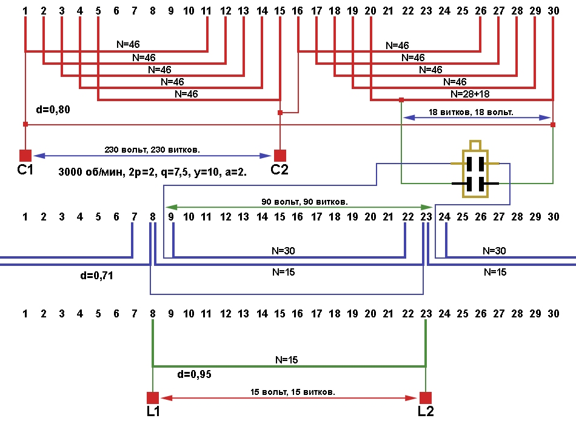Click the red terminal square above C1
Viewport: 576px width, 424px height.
pyautogui.click(x=25, y=155)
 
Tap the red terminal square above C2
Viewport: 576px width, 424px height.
pyautogui.click(x=280, y=155)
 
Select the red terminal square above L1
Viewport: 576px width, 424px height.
pyautogui.click(x=153, y=397)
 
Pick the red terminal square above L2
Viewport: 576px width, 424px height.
pyautogui.click(x=426, y=397)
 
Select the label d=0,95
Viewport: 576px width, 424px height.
pyautogui.click(x=193, y=375)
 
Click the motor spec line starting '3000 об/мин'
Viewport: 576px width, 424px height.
pyautogui.click(x=152, y=171)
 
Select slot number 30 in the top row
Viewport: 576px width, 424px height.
pyautogui.click(x=553, y=11)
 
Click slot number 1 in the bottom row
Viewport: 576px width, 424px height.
pyautogui.click(x=25, y=314)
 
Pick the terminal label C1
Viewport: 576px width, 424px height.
pyautogui.click(x=26, y=170)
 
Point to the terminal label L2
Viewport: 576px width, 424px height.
pyautogui.click(x=426, y=412)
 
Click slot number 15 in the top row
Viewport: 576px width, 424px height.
pyautogui.click(x=280, y=11)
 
